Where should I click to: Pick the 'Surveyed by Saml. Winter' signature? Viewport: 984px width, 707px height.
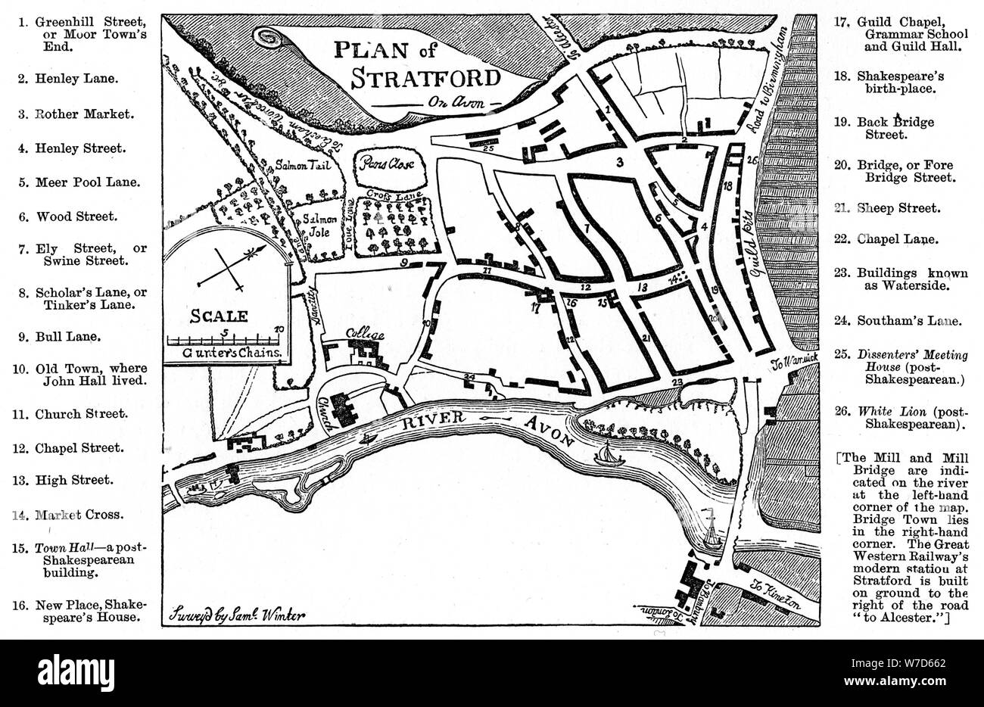tap(238, 613)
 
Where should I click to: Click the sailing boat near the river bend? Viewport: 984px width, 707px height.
tap(608, 455)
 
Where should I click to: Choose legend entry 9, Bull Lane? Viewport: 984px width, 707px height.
tap(69, 337)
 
